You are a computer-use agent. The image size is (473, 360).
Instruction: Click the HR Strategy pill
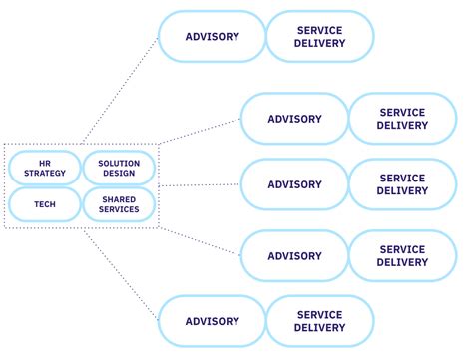(44, 168)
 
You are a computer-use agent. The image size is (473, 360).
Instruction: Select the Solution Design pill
(119, 168)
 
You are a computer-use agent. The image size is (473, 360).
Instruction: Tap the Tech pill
(44, 204)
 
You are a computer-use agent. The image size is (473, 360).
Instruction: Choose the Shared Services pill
(119, 204)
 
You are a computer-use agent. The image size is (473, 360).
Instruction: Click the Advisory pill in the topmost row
(213, 37)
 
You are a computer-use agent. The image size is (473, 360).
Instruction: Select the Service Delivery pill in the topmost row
(320, 37)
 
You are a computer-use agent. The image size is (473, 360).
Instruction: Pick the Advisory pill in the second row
(294, 119)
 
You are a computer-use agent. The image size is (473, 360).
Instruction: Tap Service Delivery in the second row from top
(402, 119)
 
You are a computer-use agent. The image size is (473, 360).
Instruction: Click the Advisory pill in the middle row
(294, 184)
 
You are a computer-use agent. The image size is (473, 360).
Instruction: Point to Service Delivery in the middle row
(402, 184)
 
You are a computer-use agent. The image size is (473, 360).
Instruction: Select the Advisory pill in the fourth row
(294, 256)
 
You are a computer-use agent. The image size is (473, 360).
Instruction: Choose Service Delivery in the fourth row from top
(402, 256)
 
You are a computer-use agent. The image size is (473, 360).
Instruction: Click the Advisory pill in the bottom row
(213, 321)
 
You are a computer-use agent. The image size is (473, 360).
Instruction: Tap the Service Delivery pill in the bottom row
(320, 321)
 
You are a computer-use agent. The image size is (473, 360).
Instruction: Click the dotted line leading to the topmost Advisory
(120, 90)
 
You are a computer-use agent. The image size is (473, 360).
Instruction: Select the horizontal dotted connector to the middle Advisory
(200, 185)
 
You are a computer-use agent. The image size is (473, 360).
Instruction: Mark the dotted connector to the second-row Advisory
(200, 131)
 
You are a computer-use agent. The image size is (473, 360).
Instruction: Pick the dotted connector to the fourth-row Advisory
(200, 241)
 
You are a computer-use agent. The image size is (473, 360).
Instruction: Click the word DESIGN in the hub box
(119, 174)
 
